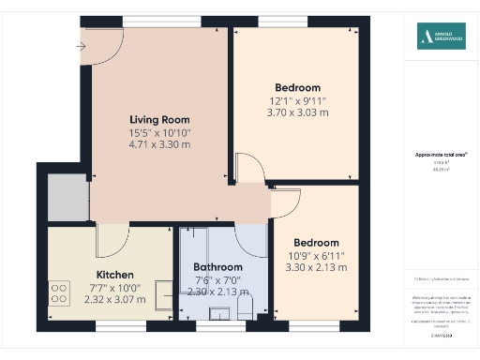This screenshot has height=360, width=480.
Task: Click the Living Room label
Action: [x=159, y=120]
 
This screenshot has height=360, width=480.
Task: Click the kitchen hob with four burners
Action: [x=60, y=295]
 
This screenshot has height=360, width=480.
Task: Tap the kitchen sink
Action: [x=163, y=295]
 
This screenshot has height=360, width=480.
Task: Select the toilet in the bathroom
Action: [x=246, y=306]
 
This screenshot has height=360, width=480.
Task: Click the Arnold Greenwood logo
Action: [x=440, y=37]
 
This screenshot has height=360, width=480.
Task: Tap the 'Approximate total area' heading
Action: [x=441, y=154]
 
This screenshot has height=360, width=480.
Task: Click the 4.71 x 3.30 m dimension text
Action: [x=159, y=145]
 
